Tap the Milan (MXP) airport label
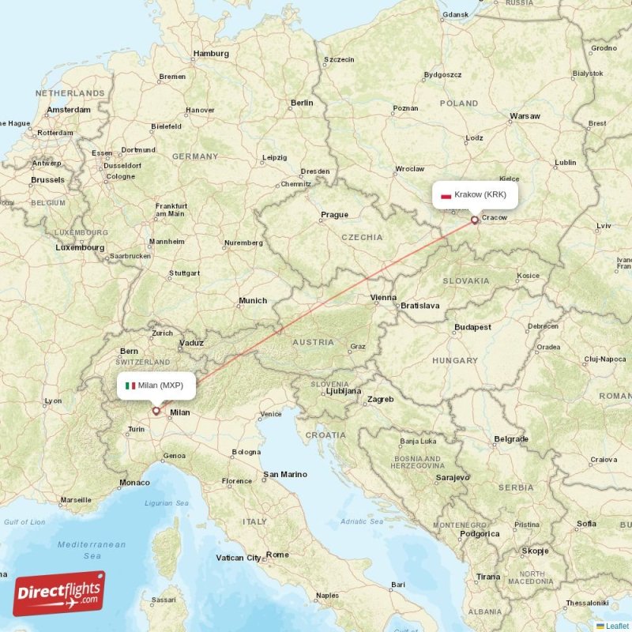coord(154,386)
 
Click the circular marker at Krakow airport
coord(475,220)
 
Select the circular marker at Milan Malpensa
coord(156,411)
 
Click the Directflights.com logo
coord(59,593)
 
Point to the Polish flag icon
coord(446,195)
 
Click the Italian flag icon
coord(130,386)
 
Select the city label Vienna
coord(383,297)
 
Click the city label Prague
coord(334,214)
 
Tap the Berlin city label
coord(301,103)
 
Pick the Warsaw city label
coord(525,116)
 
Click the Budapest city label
coord(472,327)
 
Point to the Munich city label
coord(253,300)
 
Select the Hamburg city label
coord(211,54)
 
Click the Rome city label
coord(277,555)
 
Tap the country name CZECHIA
coord(362,237)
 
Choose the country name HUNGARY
coord(456,360)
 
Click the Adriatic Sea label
coord(363,521)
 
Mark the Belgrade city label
coord(510,438)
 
